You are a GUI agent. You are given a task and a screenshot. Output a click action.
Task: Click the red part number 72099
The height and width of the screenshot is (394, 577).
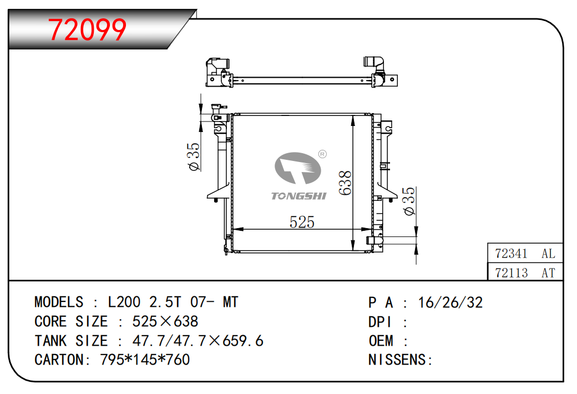[87, 30]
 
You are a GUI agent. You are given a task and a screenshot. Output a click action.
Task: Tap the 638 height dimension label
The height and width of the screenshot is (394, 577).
[345, 183]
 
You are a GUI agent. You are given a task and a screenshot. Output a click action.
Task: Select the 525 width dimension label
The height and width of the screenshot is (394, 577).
[302, 222]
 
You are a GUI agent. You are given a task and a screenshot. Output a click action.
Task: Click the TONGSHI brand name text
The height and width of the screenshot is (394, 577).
[298, 196]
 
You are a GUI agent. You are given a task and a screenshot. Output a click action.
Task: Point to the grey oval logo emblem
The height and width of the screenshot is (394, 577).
[298, 168]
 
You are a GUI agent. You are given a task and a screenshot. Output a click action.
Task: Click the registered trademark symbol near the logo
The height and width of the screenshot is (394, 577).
[322, 154]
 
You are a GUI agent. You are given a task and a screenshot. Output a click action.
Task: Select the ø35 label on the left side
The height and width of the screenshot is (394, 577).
[194, 156]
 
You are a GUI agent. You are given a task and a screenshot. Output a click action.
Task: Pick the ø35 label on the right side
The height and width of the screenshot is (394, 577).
[409, 201]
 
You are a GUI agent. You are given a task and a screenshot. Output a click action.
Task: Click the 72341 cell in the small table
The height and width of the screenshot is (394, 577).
[511, 254]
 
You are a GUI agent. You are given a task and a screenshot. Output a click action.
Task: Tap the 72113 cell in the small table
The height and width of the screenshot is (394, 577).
[511, 273]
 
